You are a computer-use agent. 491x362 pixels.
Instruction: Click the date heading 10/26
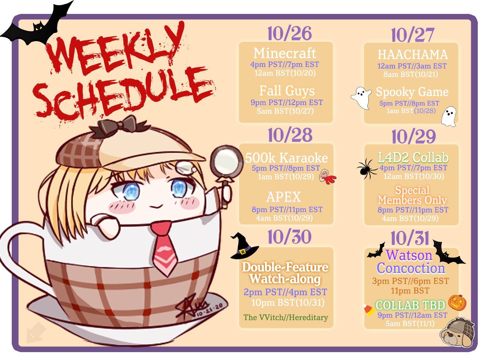(290, 33)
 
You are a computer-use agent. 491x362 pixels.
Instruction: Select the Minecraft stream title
(285, 53)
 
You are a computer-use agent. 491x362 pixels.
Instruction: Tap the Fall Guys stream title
(287, 91)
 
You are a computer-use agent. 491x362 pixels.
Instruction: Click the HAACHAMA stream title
(412, 55)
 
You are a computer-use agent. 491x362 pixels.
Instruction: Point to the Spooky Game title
(412, 92)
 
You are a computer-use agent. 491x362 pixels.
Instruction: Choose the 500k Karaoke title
(286, 158)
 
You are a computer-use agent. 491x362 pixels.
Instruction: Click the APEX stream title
(283, 197)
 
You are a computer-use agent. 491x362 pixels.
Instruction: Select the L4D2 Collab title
(413, 158)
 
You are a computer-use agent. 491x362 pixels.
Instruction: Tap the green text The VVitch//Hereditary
(285, 317)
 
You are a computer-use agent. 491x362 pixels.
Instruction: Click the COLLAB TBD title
(410, 305)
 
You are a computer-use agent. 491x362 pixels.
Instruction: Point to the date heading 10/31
(410, 239)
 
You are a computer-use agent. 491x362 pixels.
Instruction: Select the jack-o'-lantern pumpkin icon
(457, 303)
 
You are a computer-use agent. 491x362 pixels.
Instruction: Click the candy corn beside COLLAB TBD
(368, 310)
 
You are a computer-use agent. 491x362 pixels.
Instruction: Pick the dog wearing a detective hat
(457, 332)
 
